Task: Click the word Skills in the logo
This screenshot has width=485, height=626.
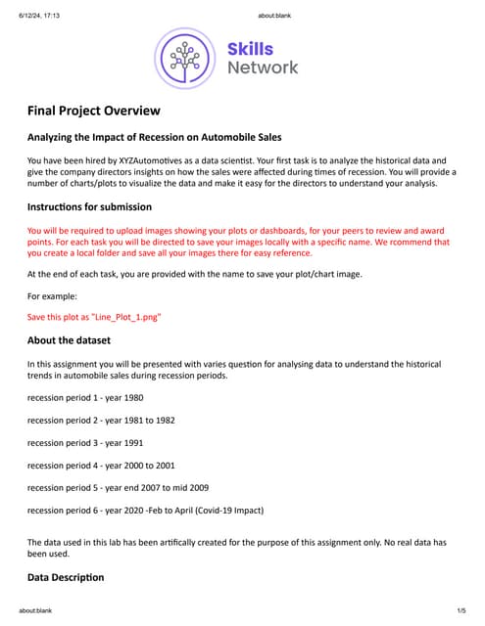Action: pyautogui.click(x=250, y=49)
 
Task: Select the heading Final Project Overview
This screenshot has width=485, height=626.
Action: pyautogui.click(x=93, y=112)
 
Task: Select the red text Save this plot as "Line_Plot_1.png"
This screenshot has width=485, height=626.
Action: pyautogui.click(x=93, y=317)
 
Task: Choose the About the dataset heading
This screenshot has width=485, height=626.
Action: pyautogui.click(x=69, y=340)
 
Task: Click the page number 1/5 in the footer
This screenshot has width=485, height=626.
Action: pyautogui.click(x=461, y=610)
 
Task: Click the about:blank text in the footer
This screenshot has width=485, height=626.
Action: pyautogui.click(x=35, y=610)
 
